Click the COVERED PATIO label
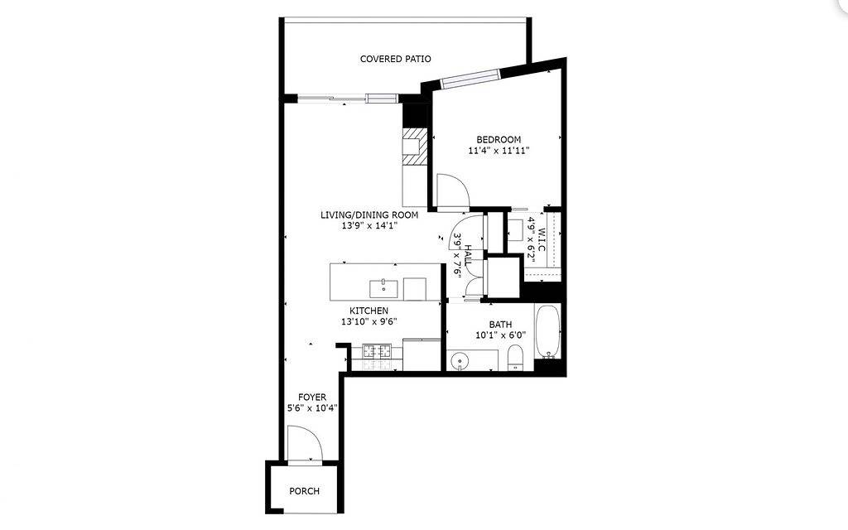point(395,59)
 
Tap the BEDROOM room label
point(499,139)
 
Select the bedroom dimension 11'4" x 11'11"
point(499,151)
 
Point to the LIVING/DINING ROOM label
point(369,214)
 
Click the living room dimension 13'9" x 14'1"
point(369,226)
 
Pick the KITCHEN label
point(369,311)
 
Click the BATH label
point(500,325)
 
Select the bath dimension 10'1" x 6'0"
point(500,335)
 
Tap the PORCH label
point(304,491)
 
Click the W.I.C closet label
point(542,240)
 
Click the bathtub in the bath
point(548,332)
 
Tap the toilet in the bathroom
point(515,359)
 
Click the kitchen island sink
point(384,288)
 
